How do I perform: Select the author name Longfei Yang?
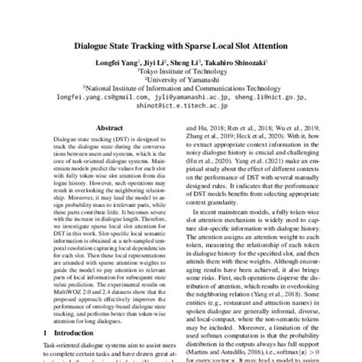[117, 63]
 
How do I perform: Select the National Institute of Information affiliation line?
[181, 89]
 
